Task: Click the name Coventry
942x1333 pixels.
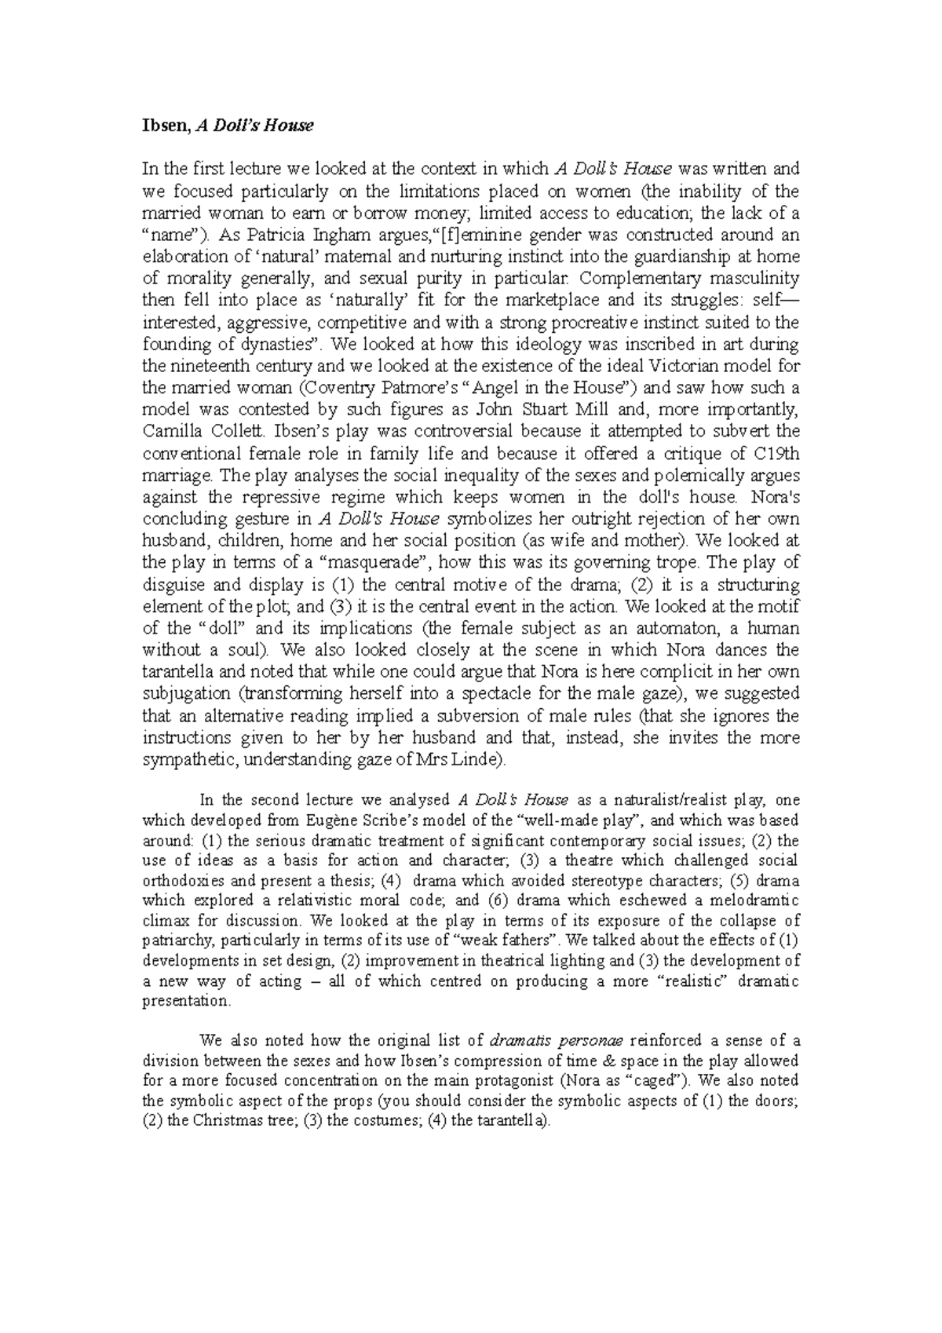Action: pyautogui.click(x=329, y=387)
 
